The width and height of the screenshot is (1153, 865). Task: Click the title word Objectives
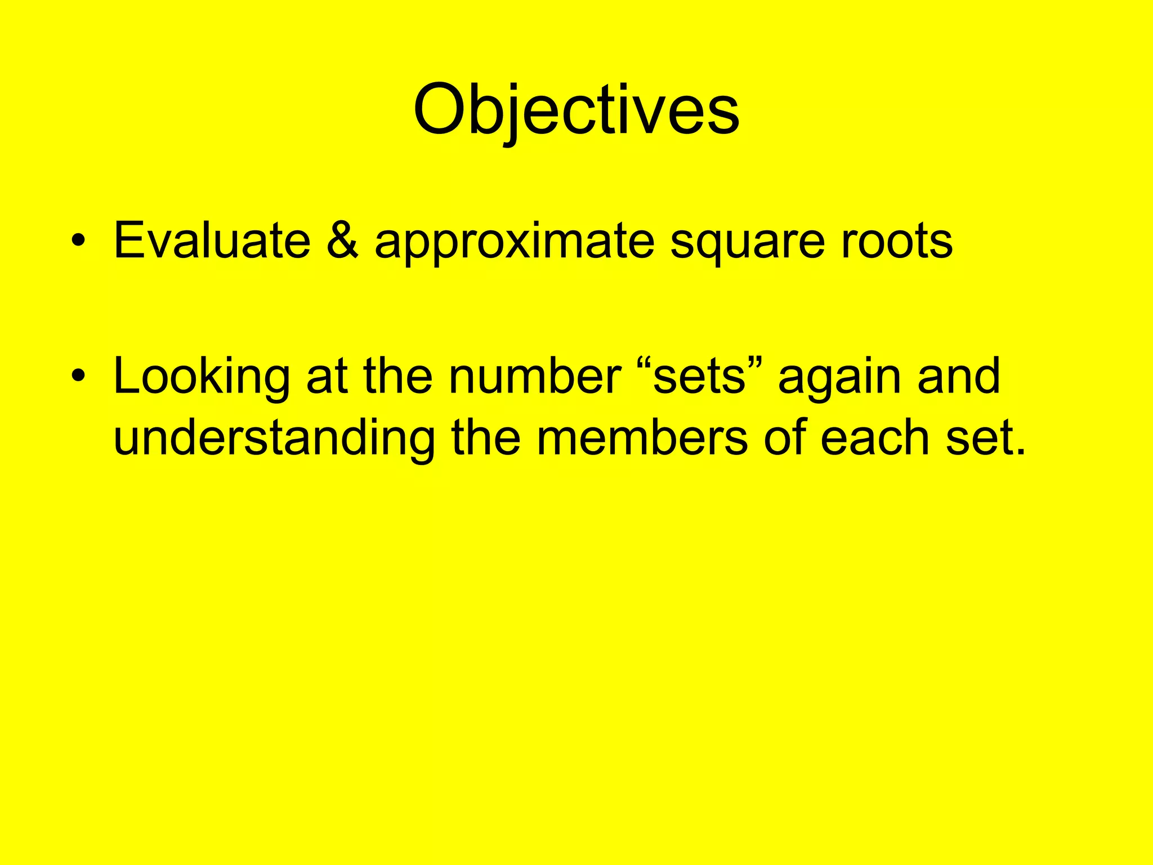pyautogui.click(x=576, y=109)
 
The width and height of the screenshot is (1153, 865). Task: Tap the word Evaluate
pyautogui.click(x=212, y=241)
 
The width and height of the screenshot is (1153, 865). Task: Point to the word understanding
pyautogui.click(x=274, y=439)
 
